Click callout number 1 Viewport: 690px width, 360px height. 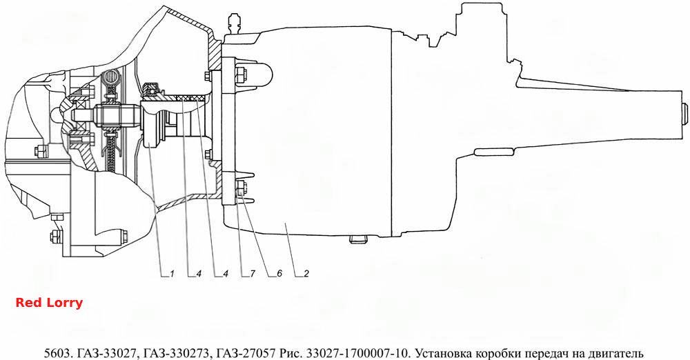172,274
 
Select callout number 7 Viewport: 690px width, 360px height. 253,274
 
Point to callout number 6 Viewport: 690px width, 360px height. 279,274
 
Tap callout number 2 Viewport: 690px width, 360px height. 306,274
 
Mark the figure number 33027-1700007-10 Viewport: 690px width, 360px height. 359,353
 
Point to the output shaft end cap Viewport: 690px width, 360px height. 684,114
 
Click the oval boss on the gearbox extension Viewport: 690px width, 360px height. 493,152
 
